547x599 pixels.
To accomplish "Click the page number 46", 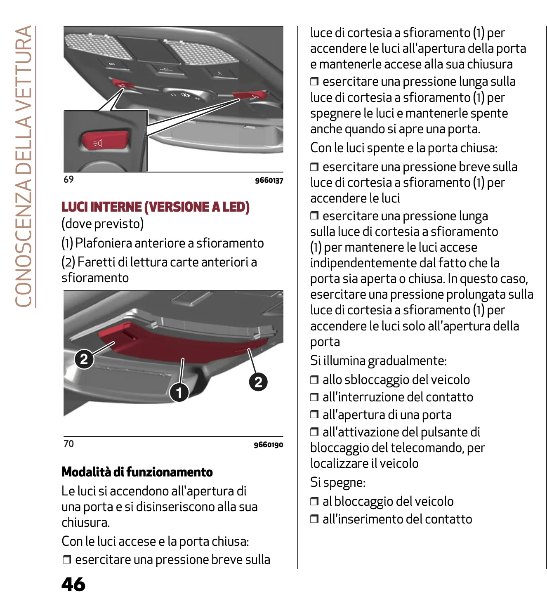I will pyautogui.click(x=73, y=584).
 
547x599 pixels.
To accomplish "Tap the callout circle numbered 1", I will pyautogui.click(x=179, y=392).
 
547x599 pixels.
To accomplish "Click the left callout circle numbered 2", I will pyautogui.click(x=84, y=359).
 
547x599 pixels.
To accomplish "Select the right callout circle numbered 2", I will pyautogui.click(x=258, y=382).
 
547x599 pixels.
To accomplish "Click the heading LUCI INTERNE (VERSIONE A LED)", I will pyautogui.click(x=156, y=207).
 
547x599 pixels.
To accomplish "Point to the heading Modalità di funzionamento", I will pyautogui.click(x=137, y=472).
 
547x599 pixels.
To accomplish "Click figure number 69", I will pyautogui.click(x=68, y=179).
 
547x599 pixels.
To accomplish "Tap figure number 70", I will pyautogui.click(x=68, y=444).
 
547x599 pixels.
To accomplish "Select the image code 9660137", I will pyautogui.click(x=269, y=180).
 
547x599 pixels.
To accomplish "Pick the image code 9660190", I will pyautogui.click(x=268, y=445).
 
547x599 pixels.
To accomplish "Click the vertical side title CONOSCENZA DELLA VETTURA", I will pyautogui.click(x=24, y=167).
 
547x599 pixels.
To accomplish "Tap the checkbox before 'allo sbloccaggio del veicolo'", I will pyautogui.click(x=314, y=380).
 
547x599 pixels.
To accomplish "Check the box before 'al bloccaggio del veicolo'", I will pyautogui.click(x=314, y=502).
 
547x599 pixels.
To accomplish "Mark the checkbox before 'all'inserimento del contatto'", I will pyautogui.click(x=314, y=519).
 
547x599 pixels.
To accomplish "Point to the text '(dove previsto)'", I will pyautogui.click(x=103, y=224).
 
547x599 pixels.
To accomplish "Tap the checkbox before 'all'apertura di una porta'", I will pyautogui.click(x=314, y=414).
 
